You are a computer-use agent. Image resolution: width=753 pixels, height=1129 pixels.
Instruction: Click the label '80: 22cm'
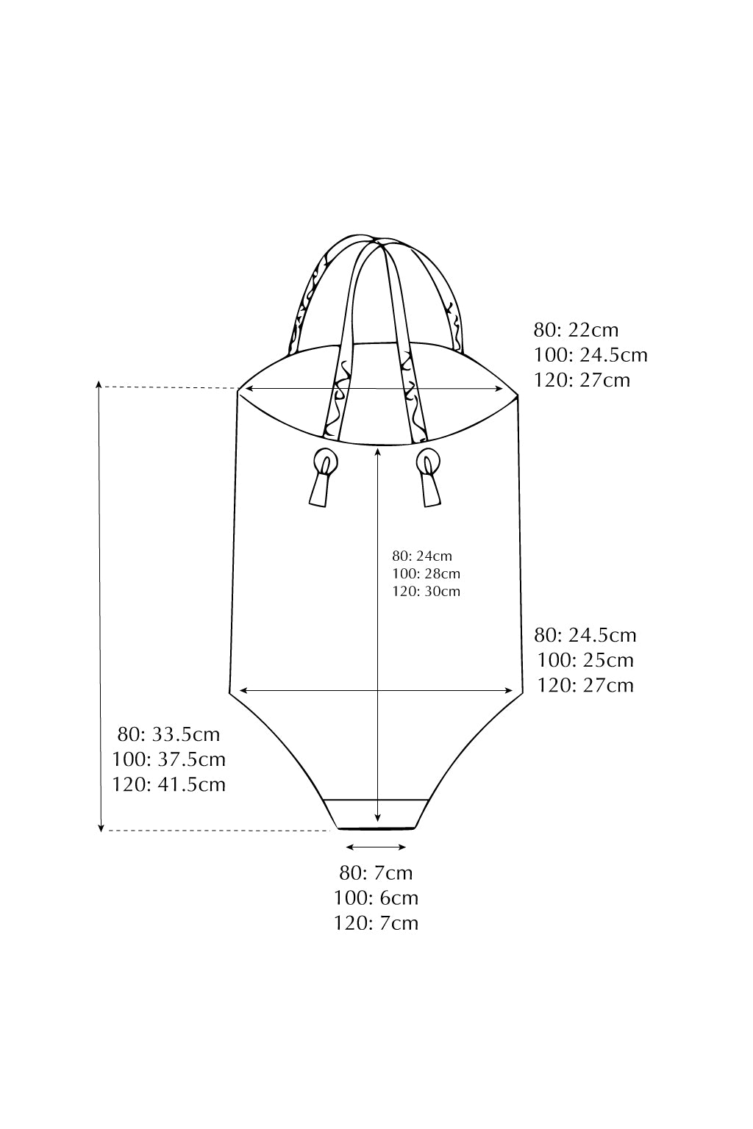click(576, 330)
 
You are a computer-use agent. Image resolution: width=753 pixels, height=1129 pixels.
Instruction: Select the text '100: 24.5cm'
click(590, 355)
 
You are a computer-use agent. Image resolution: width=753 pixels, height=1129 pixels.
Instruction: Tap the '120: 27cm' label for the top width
click(582, 380)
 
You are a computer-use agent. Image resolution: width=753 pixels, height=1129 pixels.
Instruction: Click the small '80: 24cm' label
click(422, 556)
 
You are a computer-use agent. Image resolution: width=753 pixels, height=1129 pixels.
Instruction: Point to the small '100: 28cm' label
click(427, 573)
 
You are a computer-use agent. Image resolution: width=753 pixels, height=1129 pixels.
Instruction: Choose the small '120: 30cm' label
click(427, 591)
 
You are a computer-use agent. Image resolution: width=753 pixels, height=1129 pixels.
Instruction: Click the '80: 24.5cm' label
click(585, 635)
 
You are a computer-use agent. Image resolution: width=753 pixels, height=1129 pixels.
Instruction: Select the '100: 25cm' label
click(585, 660)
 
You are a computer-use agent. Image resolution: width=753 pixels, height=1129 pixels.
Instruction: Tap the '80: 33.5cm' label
click(169, 734)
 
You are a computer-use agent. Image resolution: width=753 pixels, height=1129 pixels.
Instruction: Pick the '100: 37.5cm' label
click(169, 759)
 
